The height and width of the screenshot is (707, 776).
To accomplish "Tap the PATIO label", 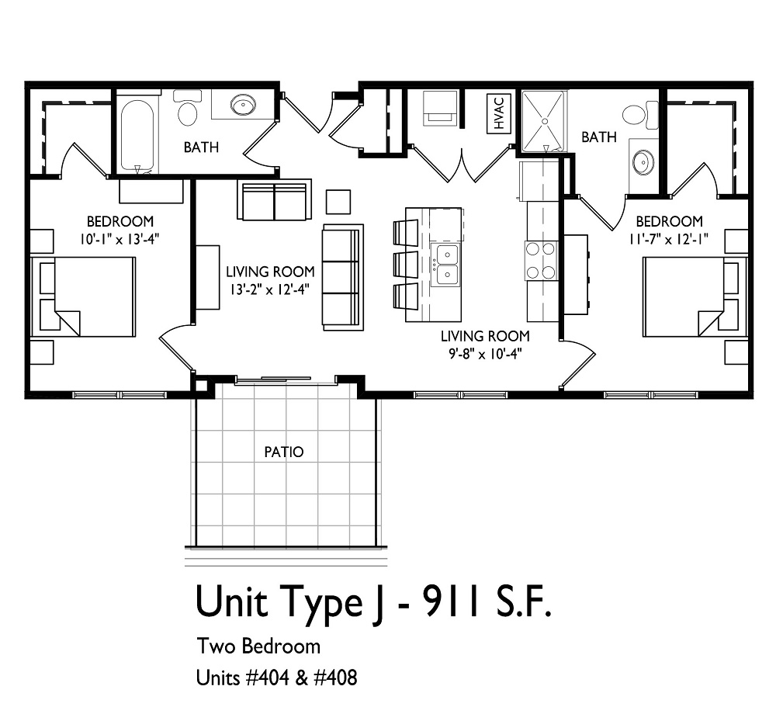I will tap(284, 452).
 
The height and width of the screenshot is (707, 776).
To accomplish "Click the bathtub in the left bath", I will tap(138, 134).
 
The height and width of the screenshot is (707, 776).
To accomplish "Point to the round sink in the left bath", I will tap(243, 105).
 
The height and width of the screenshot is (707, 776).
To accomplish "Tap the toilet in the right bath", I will tap(639, 116).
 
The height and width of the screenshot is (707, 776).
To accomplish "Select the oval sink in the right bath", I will tap(643, 162).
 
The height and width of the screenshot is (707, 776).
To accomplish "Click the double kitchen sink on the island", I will tap(446, 264).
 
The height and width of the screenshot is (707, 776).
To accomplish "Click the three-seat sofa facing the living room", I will tap(342, 278).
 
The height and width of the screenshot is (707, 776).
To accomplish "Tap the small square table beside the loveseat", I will tap(338, 201).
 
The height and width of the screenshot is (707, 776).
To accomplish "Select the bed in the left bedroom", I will tap(84, 296).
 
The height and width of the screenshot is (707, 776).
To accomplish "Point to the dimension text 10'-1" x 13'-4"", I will tap(120, 239).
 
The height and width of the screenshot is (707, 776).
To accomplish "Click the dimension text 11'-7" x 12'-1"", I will tap(669, 239).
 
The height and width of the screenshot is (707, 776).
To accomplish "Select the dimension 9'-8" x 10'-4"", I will tap(485, 354).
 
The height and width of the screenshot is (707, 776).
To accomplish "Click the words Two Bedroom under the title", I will tap(258, 646).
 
